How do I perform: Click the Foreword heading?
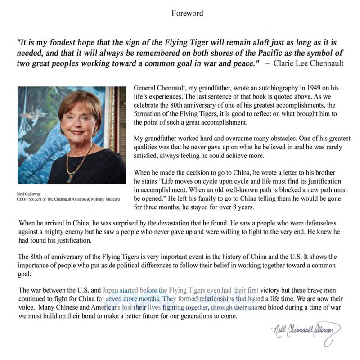pos(187,13)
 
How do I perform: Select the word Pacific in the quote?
pos(229,54)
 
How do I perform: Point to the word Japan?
pos(112,290)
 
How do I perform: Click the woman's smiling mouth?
pos(76,133)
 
